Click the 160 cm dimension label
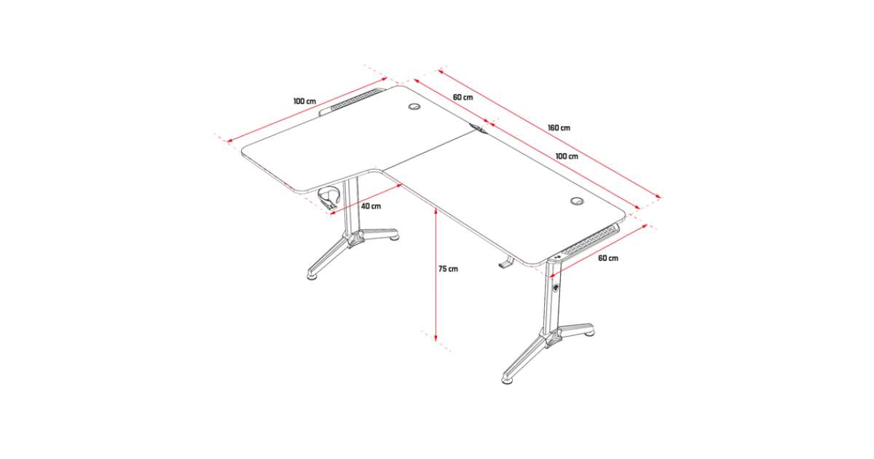click(x=559, y=127)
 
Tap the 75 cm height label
click(x=448, y=269)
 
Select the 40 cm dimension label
click(x=371, y=205)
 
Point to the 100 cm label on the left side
click(x=304, y=101)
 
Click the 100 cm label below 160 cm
click(x=567, y=156)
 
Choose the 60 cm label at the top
click(x=462, y=97)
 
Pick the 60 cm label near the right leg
click(x=608, y=258)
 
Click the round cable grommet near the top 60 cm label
click(x=414, y=106)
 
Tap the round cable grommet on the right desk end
click(x=577, y=201)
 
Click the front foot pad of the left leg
click(x=312, y=277)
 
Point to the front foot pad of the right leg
click(x=507, y=380)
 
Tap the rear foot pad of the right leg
click(x=588, y=333)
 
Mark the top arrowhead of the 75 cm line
click(x=436, y=213)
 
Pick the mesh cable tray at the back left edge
click(x=351, y=100)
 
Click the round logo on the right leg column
click(x=555, y=288)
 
